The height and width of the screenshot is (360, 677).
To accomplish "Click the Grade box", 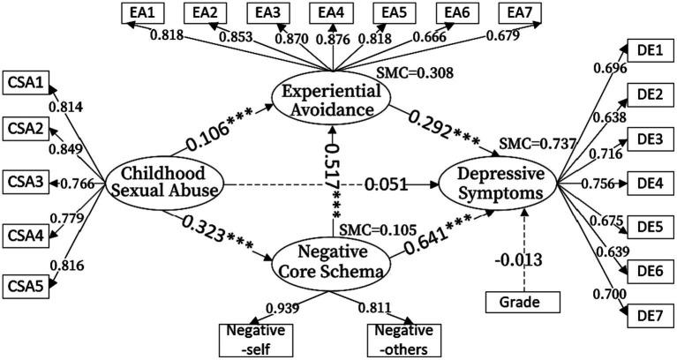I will click(x=525, y=303).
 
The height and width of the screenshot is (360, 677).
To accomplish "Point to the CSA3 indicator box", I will click(x=26, y=184).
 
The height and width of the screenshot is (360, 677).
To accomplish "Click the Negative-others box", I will click(x=402, y=339).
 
